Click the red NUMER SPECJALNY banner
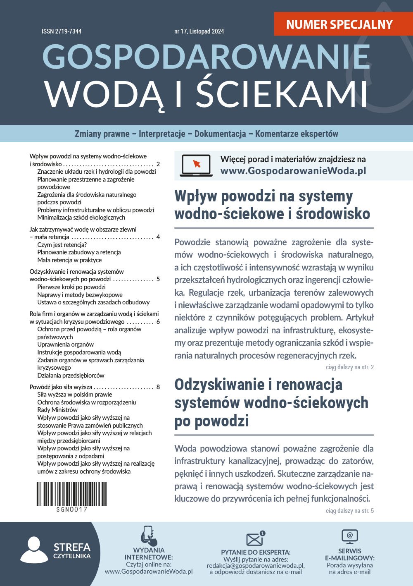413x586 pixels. (339, 24)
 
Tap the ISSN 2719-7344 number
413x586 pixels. (62, 31)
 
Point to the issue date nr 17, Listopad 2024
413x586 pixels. (199, 31)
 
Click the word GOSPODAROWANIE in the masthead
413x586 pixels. (206, 57)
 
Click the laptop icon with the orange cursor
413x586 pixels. (196, 165)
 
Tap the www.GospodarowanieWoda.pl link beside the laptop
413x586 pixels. (293, 171)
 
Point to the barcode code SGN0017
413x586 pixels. (72, 509)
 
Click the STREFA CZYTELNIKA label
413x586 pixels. (72, 551)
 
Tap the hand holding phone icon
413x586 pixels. (148, 536)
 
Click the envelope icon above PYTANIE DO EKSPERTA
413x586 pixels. (255, 539)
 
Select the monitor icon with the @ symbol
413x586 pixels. (349, 537)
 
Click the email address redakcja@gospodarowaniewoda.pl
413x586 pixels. (256, 565)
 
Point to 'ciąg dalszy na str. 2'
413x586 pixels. (349, 367)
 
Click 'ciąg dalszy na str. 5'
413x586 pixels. (349, 511)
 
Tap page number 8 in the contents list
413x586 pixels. (158, 387)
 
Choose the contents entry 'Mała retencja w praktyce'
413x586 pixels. (69, 260)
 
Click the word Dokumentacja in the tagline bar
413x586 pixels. (220, 134)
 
